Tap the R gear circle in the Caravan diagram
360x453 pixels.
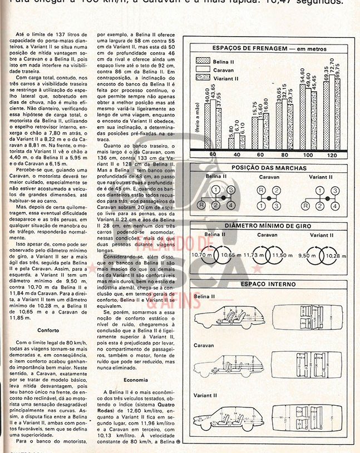click(x=260, y=190)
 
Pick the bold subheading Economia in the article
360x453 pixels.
click(x=136, y=380)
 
